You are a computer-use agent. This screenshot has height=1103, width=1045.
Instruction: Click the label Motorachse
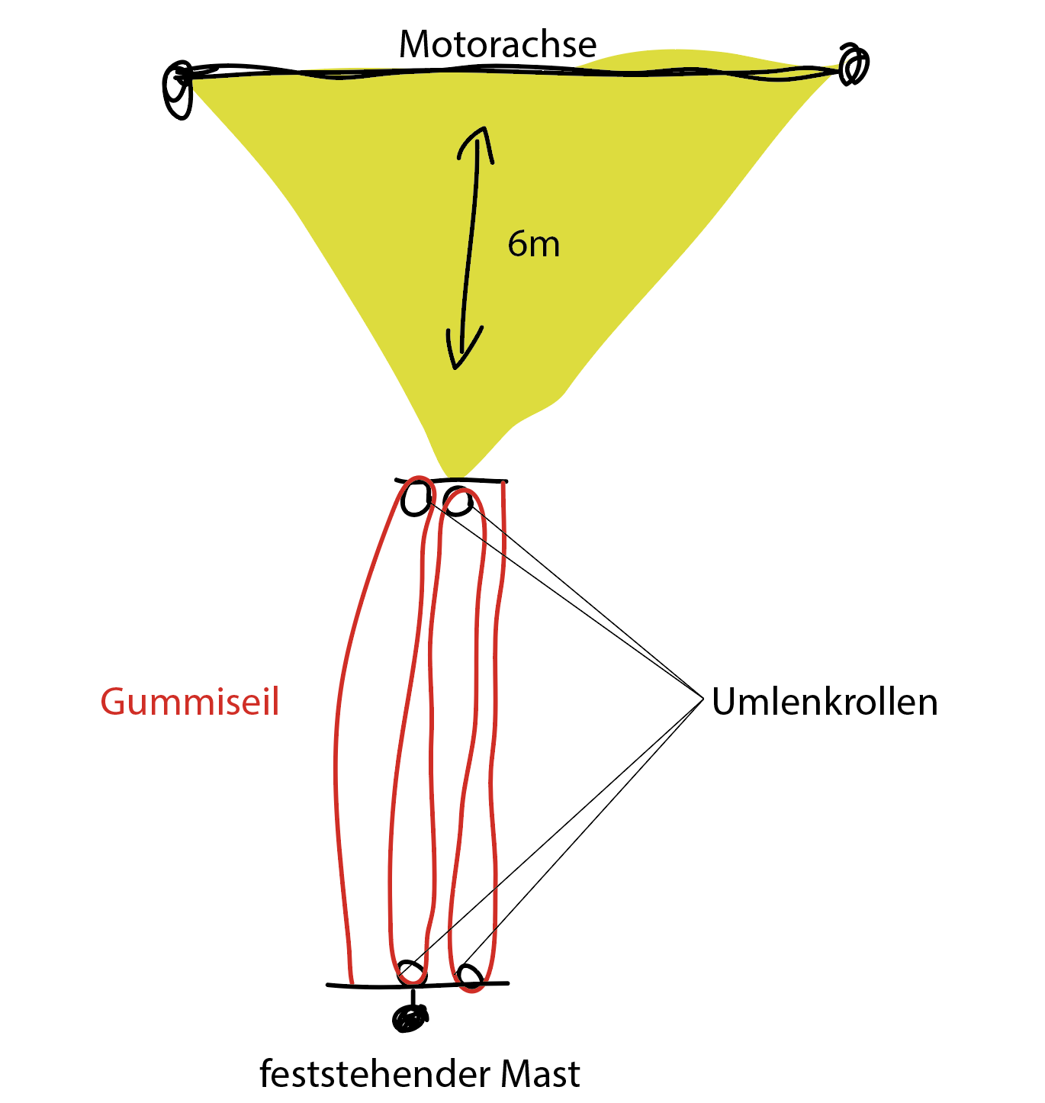(497, 43)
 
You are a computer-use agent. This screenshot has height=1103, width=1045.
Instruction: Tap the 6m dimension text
(533, 244)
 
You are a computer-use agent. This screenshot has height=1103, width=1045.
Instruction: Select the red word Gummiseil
(190, 701)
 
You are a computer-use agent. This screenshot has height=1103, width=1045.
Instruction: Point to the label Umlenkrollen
(825, 701)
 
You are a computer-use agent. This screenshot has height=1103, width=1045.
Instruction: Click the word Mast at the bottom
(540, 1074)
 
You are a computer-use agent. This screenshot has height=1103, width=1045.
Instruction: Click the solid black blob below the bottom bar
(410, 1018)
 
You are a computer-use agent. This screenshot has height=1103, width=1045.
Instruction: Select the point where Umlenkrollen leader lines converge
(703, 699)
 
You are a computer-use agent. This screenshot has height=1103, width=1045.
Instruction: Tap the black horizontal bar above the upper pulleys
(452, 481)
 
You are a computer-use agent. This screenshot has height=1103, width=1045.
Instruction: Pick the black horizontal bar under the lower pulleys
(417, 986)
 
